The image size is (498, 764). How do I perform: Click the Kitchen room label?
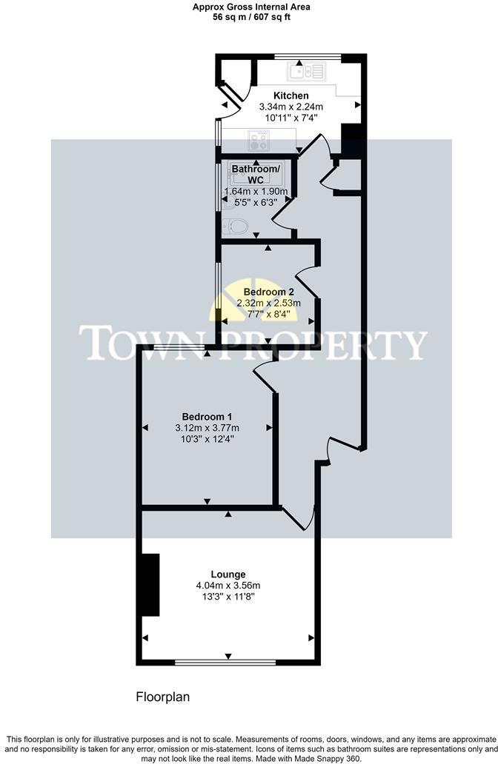click(290, 95)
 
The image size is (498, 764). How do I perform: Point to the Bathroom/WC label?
click(256, 175)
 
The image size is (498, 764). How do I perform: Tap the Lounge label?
click(228, 574)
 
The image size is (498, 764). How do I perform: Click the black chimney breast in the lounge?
click(150, 585)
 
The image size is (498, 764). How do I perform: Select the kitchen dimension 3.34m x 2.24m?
click(290, 107)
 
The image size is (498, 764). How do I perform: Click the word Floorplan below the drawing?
click(163, 697)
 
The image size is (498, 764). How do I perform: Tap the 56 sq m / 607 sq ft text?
click(250, 16)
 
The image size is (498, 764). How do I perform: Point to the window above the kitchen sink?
click(307, 56)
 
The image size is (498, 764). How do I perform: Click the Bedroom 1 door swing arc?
click(264, 375)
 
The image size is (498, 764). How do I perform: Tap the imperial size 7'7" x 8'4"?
click(268, 313)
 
